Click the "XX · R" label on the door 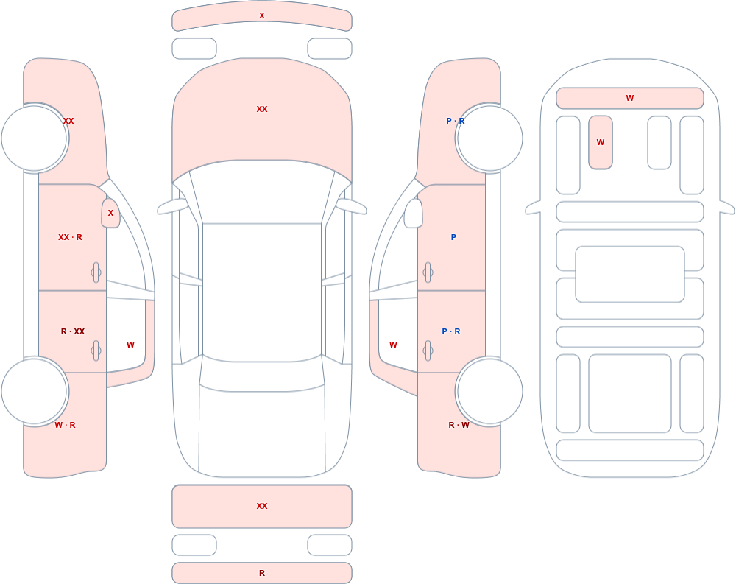tap(70, 237)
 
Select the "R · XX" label tap(73, 331)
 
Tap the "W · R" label tap(65, 425)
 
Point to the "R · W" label tap(459, 425)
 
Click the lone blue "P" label tap(453, 237)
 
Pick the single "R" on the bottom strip tap(262, 573)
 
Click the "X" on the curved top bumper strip tap(262, 15)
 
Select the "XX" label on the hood tap(262, 109)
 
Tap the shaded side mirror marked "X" tap(110, 214)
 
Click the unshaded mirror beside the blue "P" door tap(414, 214)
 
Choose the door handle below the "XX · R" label tap(96, 272)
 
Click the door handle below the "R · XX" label tap(96, 351)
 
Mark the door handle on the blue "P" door tap(428, 272)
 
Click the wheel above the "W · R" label tap(35, 391)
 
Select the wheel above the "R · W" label tap(489, 391)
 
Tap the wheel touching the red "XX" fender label tap(35, 138)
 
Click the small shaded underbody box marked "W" tap(601, 142)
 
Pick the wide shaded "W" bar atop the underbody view tap(630, 98)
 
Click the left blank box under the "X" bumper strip tap(194, 49)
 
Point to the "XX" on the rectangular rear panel tap(262, 506)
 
